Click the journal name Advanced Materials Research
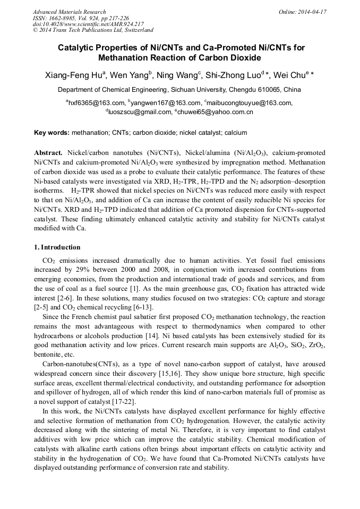click(69, 12)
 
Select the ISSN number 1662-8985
click(66, 18)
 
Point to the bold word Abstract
click(48, 152)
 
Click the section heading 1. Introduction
click(57, 247)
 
